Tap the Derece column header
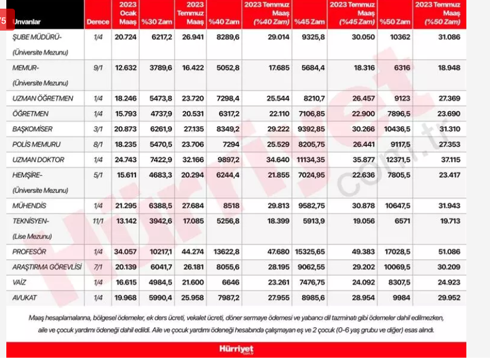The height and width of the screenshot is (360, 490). pyautogui.click(x=97, y=22)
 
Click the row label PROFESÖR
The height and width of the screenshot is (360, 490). pyautogui.click(x=29, y=252)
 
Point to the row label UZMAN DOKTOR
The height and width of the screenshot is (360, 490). pyautogui.click(x=39, y=159)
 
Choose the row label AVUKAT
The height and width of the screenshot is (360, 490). pyautogui.click(x=26, y=298)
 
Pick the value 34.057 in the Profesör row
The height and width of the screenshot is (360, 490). pyautogui.click(x=126, y=252)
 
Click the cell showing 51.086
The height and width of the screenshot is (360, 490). pyautogui.click(x=442, y=252)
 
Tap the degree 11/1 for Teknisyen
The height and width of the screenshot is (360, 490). pyautogui.click(x=97, y=221)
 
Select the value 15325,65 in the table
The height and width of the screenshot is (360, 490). pyautogui.click(x=310, y=252)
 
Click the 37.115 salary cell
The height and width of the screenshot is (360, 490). pyautogui.click(x=442, y=159)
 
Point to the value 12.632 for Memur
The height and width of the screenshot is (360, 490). pyautogui.click(x=126, y=67)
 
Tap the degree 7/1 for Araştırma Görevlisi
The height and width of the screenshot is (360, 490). pyautogui.click(x=97, y=267)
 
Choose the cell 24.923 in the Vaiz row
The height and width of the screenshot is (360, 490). pyautogui.click(x=442, y=283)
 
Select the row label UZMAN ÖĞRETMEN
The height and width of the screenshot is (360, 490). pyautogui.click(x=43, y=99)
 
